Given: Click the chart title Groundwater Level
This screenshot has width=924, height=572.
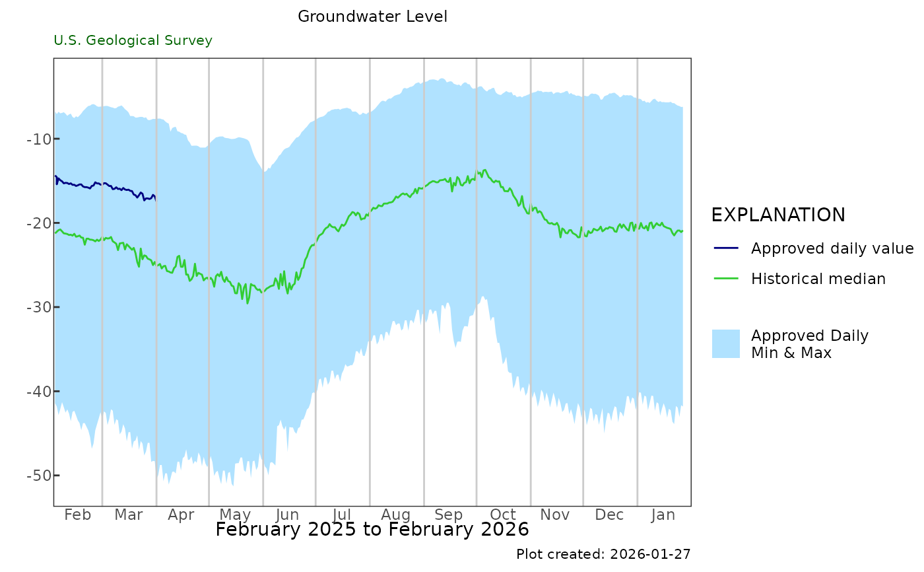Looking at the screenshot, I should point(372,17).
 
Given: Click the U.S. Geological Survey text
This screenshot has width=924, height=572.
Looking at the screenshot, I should point(133,41).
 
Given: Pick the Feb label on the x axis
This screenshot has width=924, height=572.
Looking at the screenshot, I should point(77,515).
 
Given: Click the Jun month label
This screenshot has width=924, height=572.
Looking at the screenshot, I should point(288,515).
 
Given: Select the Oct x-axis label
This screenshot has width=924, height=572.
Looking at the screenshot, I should point(503,515).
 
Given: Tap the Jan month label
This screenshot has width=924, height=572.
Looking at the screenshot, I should point(663,515).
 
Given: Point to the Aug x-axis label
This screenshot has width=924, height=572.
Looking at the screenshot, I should point(396,515).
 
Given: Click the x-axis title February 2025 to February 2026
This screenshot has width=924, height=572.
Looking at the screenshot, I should point(372,530).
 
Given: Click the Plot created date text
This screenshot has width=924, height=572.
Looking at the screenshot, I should point(603,554).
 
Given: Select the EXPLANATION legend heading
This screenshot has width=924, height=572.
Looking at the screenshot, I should point(778,215).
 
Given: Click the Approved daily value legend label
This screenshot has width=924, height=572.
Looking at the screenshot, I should point(832,248).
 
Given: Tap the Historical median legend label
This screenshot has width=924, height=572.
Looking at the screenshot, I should point(818,279).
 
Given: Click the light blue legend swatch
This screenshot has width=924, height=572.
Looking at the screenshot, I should point(726,343).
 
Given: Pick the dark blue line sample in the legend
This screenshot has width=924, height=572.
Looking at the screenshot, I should point(726,248).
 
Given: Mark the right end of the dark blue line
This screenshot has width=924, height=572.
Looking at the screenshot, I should point(155,197).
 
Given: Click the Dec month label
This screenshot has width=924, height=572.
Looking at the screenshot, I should point(609,515).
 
